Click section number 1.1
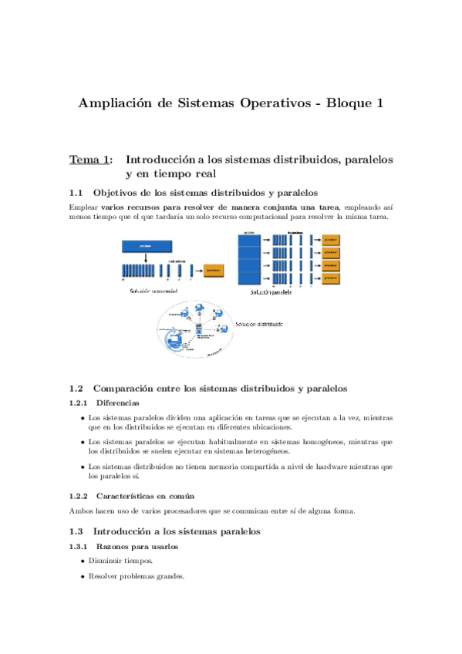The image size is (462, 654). [x=76, y=192]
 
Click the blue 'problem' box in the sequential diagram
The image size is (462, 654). [x=146, y=246]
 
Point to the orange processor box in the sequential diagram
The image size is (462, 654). [x=214, y=271]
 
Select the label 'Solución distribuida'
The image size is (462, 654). [x=259, y=324]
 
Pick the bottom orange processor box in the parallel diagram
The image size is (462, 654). [x=330, y=277]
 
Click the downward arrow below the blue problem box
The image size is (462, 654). [x=145, y=256]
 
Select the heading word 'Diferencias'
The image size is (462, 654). [x=118, y=403]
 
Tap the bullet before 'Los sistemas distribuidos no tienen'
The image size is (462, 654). [x=83, y=467]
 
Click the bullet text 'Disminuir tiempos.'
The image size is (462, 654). [x=120, y=561]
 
